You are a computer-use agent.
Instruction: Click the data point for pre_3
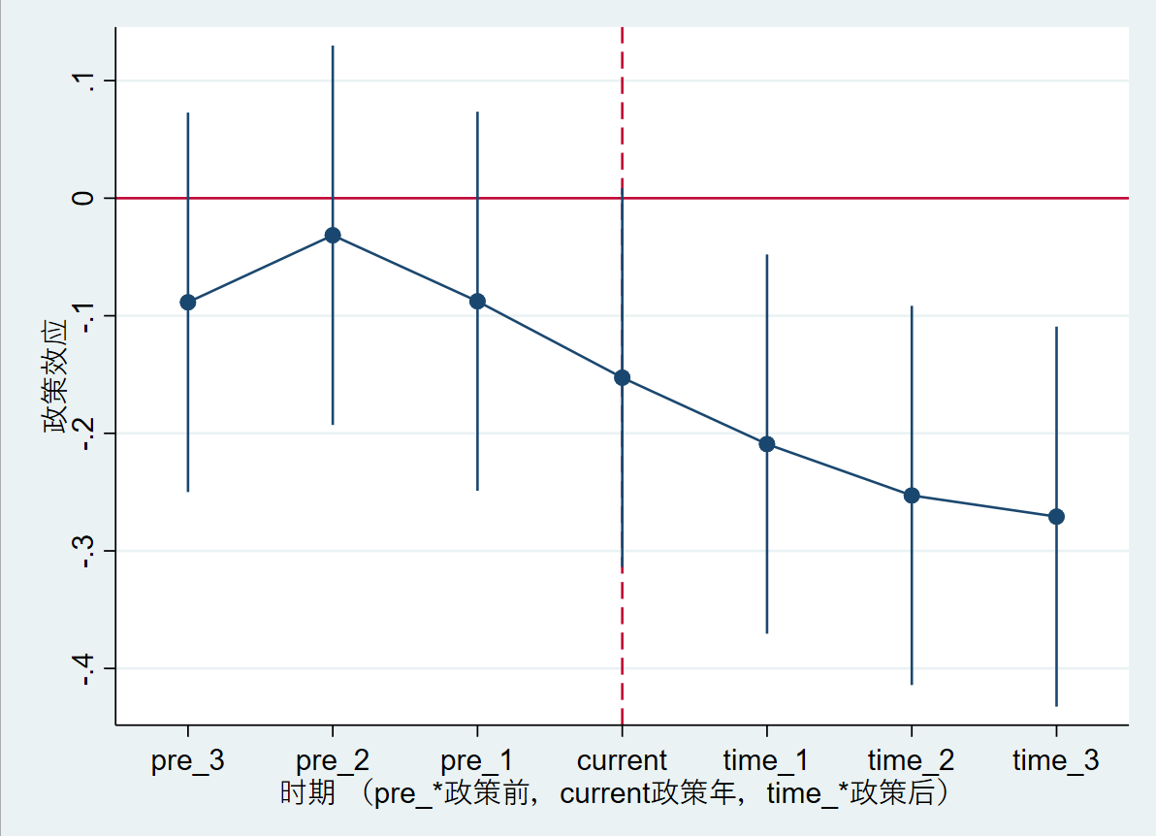tap(188, 303)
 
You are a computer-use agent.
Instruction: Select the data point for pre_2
tap(333, 235)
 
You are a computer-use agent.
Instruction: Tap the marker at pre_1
tap(477, 302)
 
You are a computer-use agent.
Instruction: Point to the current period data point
tap(622, 377)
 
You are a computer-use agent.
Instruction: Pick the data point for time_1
tap(767, 444)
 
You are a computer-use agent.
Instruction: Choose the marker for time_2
tap(912, 496)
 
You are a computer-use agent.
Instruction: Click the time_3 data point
tap(1056, 517)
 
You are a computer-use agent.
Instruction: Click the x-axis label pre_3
tap(188, 760)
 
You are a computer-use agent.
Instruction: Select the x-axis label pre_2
tap(333, 760)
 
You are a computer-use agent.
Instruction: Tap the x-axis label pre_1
tap(477, 760)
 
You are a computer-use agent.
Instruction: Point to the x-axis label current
tap(622, 760)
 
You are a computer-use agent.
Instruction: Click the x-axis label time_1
tap(767, 760)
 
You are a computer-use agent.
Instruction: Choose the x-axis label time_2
tap(912, 760)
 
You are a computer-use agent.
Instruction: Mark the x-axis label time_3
tap(1056, 760)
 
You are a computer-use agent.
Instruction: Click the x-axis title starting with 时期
tap(613, 793)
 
